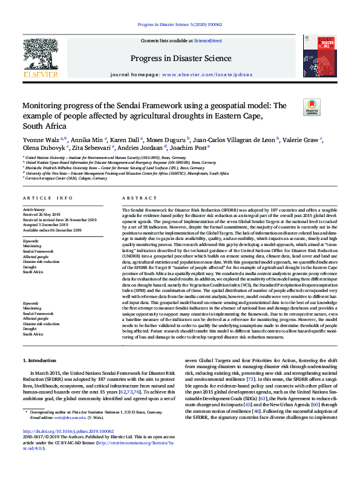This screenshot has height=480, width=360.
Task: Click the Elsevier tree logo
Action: (x=41, y=56)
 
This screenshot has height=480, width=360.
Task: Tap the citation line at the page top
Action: (x=180, y=25)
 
